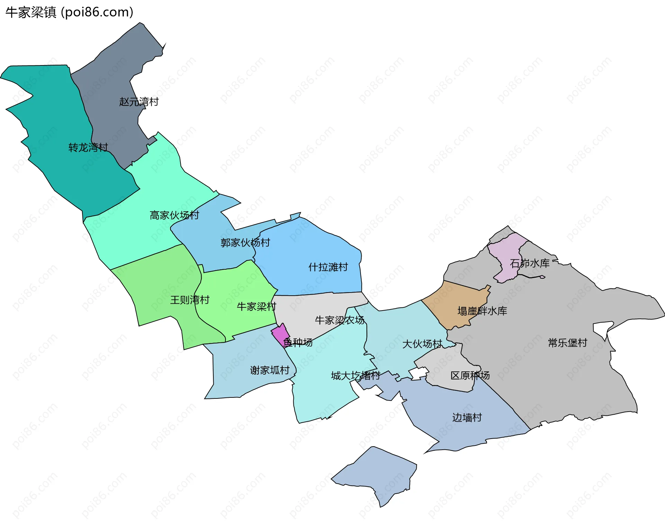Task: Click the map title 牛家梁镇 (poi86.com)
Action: pyautogui.click(x=69, y=12)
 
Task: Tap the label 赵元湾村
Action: pyautogui.click(x=139, y=102)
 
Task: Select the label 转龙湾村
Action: pyautogui.click(x=88, y=147)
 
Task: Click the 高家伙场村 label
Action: pyautogui.click(x=174, y=215)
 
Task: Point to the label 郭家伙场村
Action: pyautogui.click(x=245, y=243)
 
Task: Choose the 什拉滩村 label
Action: pyautogui.click(x=328, y=267)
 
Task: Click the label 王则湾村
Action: pyautogui.click(x=189, y=300)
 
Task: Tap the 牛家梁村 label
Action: pyautogui.click(x=256, y=307)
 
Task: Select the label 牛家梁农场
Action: pyautogui.click(x=339, y=320)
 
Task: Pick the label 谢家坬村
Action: pyautogui.click(x=269, y=370)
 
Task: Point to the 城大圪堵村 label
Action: pyautogui.click(x=355, y=376)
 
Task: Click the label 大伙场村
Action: pyautogui.click(x=422, y=344)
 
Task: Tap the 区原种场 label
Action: pyautogui.click(x=470, y=376)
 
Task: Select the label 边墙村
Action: pyautogui.click(x=467, y=418)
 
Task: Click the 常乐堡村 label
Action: pyautogui.click(x=567, y=343)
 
